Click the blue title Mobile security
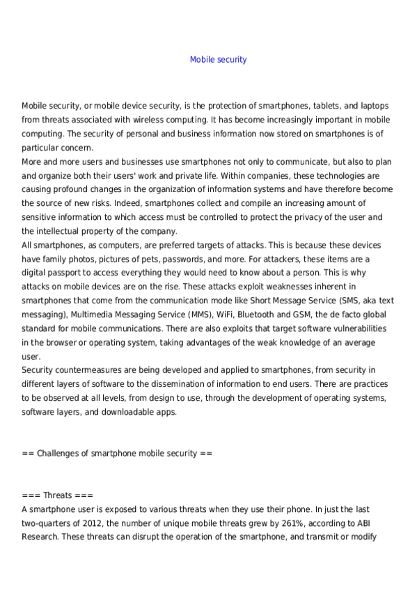pyautogui.click(x=218, y=60)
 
